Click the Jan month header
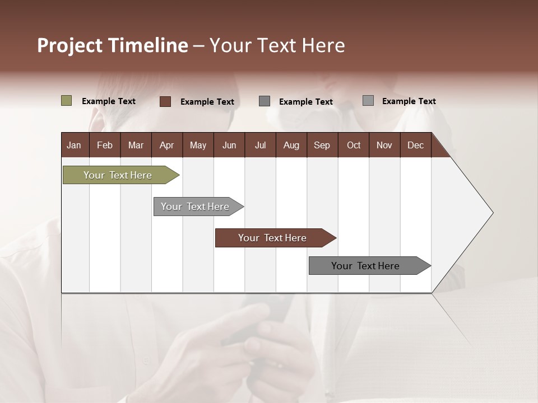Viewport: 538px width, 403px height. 74,145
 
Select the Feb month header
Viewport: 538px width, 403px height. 105,145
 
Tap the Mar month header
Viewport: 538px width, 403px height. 136,145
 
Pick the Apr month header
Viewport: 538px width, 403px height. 166,145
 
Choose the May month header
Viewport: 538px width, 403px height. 198,145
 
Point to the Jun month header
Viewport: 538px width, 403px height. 229,145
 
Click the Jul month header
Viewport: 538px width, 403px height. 260,145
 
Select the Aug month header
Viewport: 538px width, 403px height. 291,145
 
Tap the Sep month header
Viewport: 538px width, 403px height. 322,145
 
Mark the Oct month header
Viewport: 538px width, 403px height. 354,145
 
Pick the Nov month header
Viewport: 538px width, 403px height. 384,145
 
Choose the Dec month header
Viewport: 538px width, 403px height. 415,145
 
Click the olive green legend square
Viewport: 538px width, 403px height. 67,101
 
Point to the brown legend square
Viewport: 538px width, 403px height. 165,101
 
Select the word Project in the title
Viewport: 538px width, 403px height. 70,45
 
